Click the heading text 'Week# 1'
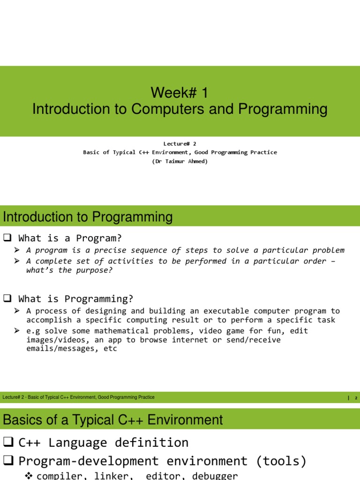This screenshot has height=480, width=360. point(180,93)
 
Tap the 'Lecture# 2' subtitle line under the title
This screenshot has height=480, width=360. point(180,144)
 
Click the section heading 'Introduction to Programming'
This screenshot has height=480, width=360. point(88,217)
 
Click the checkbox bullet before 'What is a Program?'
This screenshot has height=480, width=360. point(7,238)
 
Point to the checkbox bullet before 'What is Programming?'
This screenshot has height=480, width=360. point(7,299)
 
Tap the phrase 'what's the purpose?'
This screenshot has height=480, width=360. point(69,270)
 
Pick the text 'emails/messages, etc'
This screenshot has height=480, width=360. point(71,349)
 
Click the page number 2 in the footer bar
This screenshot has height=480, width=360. point(356,398)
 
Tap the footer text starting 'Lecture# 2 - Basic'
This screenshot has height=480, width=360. point(78,397)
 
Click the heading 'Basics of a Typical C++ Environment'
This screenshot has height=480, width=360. point(112,420)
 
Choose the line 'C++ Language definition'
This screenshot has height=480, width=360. point(103,442)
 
